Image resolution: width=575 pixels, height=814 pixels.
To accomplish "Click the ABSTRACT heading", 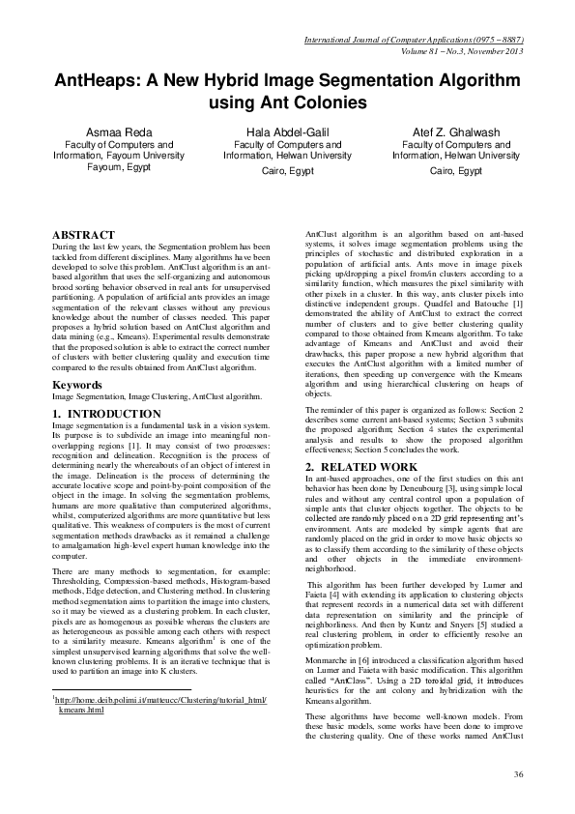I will point(83,235).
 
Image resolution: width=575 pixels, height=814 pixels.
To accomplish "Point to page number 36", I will point(518,774).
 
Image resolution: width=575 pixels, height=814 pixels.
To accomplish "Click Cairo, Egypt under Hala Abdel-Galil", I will point(287,170).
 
